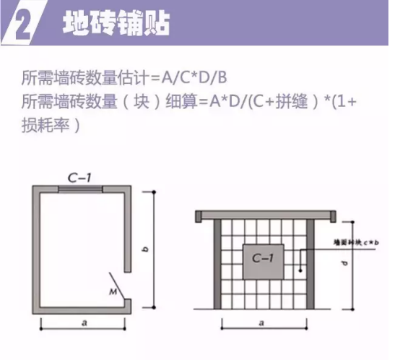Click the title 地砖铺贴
[116, 23]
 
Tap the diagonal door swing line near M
[118, 283]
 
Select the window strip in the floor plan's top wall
[80, 189]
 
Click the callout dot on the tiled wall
[299, 272]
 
